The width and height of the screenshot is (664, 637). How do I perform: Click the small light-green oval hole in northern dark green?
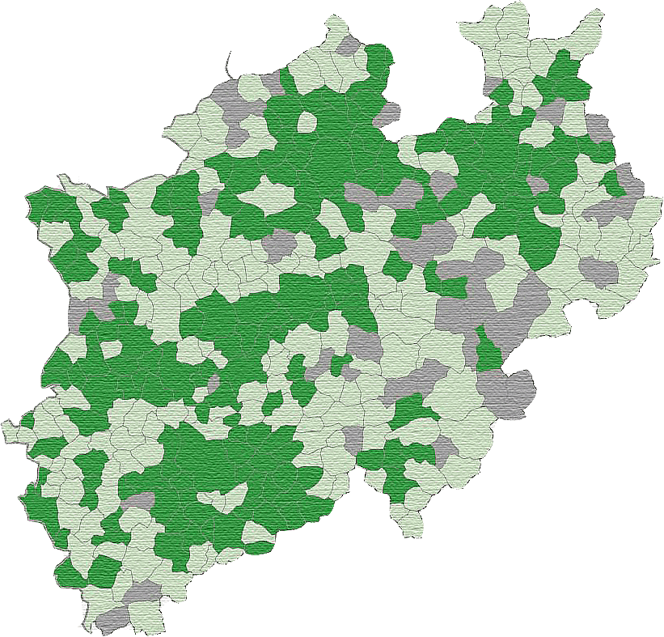[307, 121]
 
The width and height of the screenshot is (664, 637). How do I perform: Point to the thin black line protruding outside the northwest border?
[230, 65]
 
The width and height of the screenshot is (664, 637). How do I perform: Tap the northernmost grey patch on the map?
[349, 45]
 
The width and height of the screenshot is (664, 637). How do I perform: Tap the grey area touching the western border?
[77, 312]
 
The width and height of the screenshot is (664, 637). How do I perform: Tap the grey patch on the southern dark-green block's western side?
[137, 501]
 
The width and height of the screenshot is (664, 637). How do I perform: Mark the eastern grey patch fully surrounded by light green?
[598, 271]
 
